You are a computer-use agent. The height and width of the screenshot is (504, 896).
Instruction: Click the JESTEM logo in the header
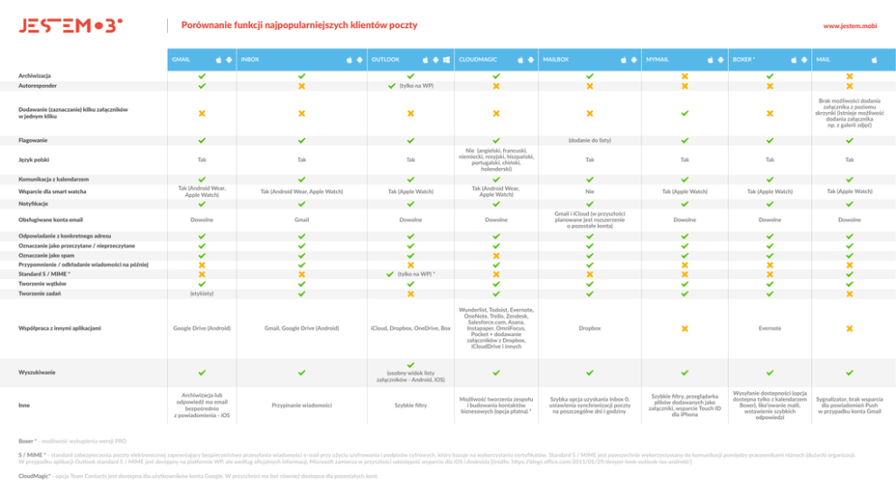[70, 25]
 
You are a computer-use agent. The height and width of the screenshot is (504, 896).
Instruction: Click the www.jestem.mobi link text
[849, 26]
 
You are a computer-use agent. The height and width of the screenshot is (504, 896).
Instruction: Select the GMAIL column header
[182, 60]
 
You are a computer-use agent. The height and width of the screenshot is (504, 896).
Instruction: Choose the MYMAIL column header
[657, 60]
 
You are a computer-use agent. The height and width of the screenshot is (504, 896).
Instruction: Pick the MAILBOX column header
[555, 60]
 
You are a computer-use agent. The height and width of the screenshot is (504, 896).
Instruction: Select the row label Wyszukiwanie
[35, 372]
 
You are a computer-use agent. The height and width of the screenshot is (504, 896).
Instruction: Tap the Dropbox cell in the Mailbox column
[590, 328]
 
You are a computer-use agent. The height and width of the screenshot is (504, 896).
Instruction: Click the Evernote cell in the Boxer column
[770, 328]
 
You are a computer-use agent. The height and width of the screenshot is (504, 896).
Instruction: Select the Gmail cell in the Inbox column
[302, 219]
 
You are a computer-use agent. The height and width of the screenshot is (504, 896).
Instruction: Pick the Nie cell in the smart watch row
[590, 191]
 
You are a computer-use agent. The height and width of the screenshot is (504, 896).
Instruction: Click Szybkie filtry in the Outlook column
[410, 406]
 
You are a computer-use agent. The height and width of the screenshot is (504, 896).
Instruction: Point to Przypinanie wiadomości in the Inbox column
[302, 406]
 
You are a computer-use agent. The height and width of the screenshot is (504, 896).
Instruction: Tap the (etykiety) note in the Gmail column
[201, 294]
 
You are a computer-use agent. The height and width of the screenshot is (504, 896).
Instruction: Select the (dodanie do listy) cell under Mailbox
[590, 141]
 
